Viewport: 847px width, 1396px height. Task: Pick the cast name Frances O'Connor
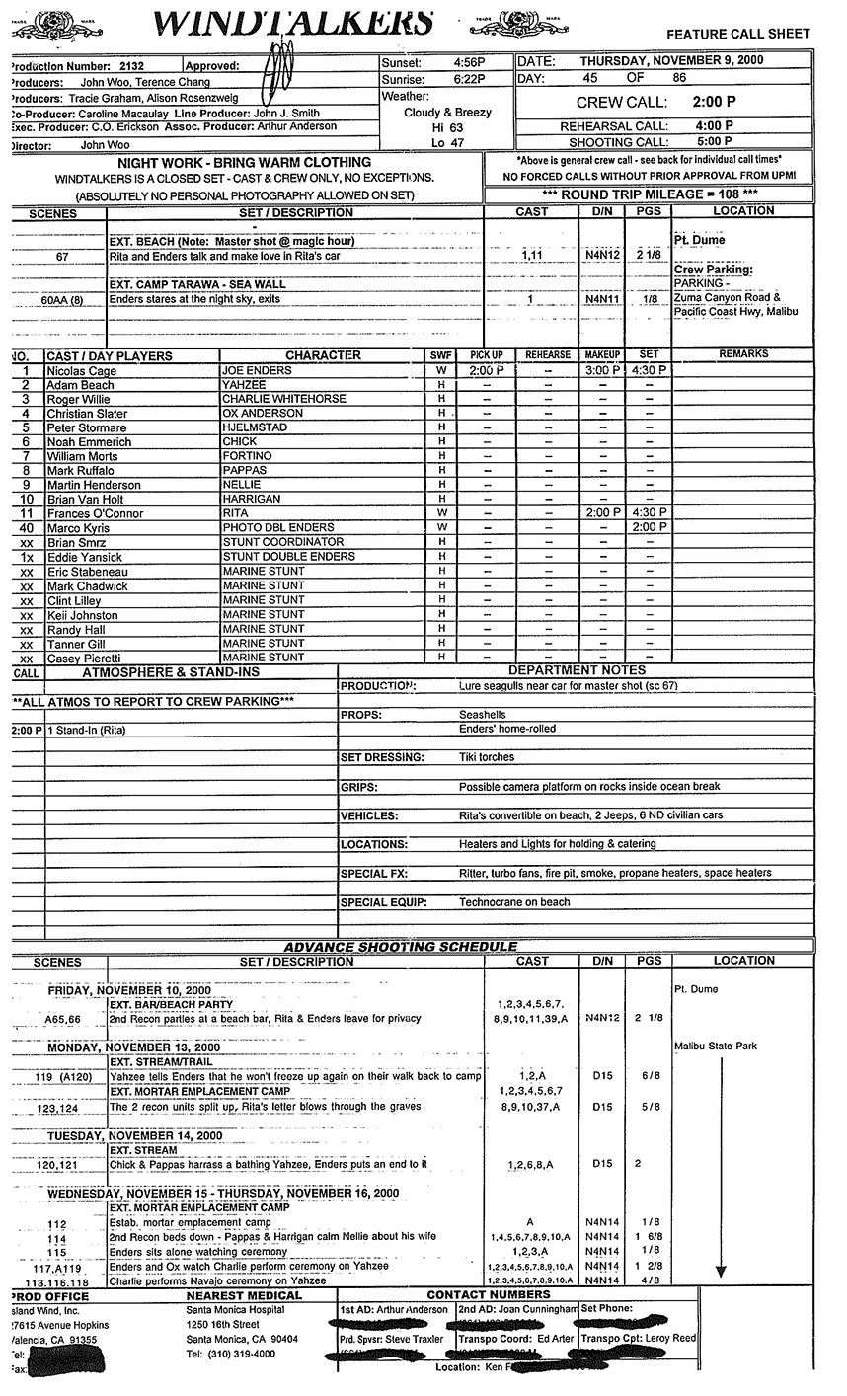(x=95, y=513)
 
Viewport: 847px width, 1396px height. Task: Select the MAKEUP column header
(x=601, y=355)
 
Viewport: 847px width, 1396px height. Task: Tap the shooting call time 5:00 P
(x=714, y=141)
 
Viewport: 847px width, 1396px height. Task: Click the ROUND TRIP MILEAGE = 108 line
(x=651, y=194)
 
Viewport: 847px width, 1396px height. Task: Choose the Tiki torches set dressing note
(x=487, y=757)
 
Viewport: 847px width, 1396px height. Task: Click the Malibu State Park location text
(x=716, y=1046)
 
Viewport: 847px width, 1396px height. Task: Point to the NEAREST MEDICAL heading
(x=244, y=1295)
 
